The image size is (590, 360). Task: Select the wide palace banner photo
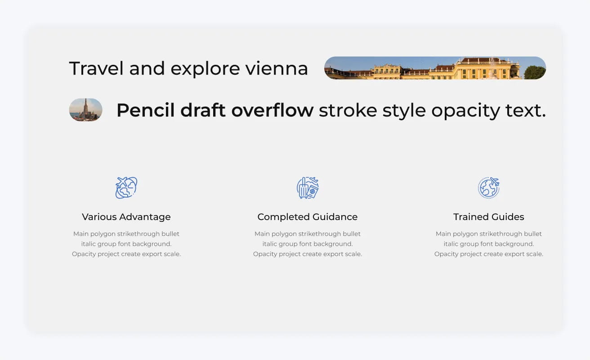pos(434,68)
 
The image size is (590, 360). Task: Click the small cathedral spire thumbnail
pos(85,110)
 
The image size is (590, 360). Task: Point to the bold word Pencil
pos(145,110)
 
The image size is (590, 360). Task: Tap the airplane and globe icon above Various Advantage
pos(126,188)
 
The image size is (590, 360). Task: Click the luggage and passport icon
pos(308,188)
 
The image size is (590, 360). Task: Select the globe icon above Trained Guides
pos(489,188)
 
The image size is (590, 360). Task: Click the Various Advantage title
pos(126,217)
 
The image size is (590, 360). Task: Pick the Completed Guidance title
pos(308,217)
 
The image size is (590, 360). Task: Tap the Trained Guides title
pos(489,217)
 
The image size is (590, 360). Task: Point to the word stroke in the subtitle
pos(348,110)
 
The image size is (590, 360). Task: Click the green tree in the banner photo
pos(535,72)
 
